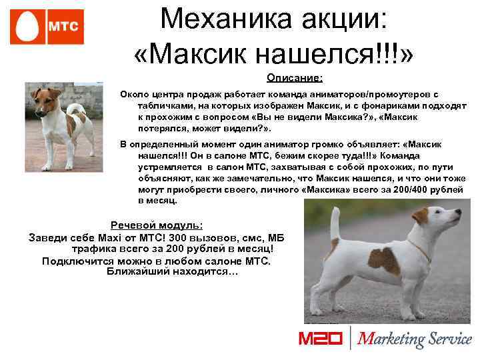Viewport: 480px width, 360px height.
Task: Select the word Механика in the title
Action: pyautogui.click(x=217, y=19)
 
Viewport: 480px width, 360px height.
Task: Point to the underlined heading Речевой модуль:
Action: pyautogui.click(x=157, y=226)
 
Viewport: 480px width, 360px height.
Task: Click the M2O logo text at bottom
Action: pyautogui.click(x=319, y=339)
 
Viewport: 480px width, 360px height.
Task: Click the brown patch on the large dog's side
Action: pyautogui.click(x=384, y=260)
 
